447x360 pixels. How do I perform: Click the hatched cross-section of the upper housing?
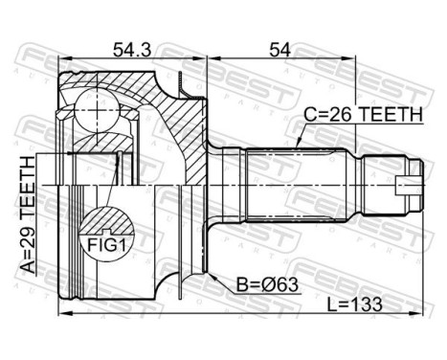187,120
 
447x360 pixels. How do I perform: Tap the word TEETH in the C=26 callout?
392,114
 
